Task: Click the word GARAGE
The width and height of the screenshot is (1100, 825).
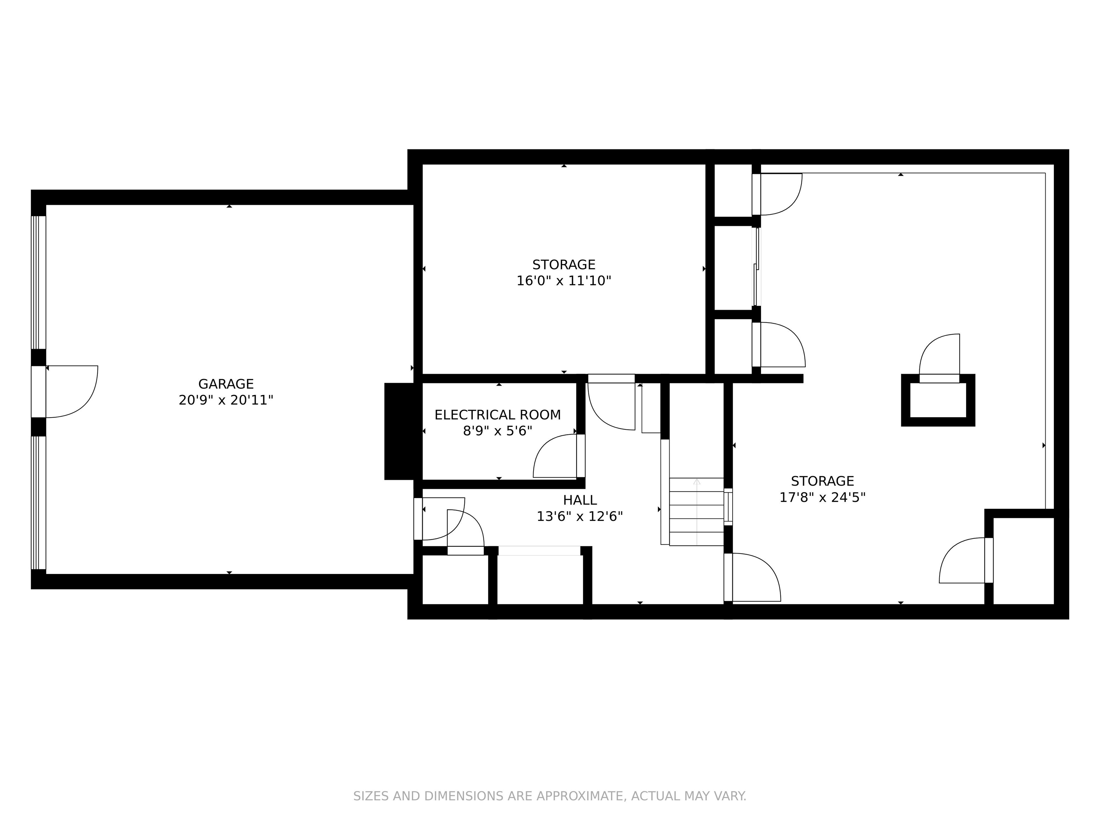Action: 226,384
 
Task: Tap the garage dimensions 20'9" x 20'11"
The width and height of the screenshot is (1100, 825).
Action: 226,400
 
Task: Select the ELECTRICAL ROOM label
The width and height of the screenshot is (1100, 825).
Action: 497,415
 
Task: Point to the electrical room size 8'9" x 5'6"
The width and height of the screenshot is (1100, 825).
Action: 497,431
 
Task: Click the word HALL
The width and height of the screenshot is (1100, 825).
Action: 580,500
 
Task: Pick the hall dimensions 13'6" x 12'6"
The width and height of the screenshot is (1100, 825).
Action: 580,517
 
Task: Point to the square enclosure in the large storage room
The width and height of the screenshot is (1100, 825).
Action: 938,400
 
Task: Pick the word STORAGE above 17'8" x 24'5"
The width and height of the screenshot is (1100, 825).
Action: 822,481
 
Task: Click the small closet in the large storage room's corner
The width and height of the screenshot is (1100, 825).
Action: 1023,561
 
